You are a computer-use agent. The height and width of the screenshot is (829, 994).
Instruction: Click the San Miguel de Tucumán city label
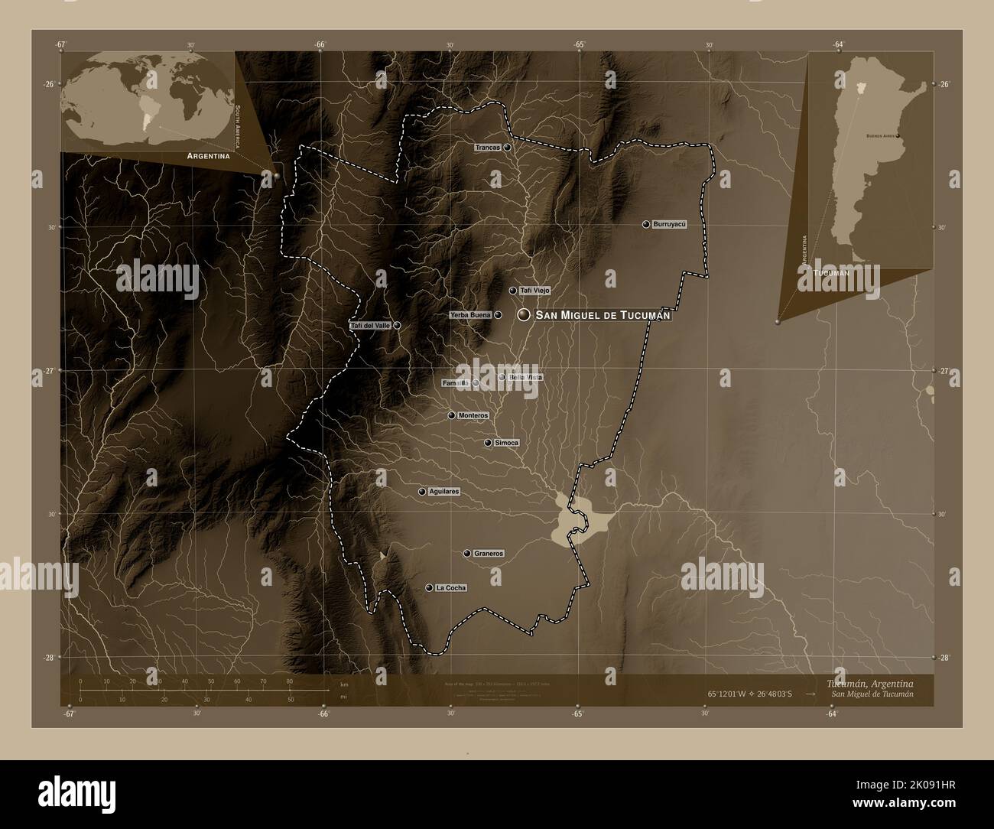[x=603, y=315]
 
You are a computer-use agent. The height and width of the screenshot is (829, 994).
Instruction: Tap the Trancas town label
[x=487, y=147]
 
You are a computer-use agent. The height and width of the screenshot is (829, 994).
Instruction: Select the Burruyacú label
[x=671, y=224]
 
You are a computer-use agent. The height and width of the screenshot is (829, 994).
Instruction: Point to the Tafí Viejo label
[x=534, y=291]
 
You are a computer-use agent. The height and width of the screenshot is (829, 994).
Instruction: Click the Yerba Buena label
[x=470, y=314]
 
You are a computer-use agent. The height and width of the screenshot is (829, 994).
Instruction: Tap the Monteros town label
[x=473, y=415]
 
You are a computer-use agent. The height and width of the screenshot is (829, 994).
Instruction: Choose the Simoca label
[x=507, y=443]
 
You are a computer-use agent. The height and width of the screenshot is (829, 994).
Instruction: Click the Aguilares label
[x=444, y=492]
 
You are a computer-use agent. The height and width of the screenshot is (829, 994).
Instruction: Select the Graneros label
[x=489, y=553]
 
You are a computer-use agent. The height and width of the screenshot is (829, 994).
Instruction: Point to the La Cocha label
[x=450, y=588]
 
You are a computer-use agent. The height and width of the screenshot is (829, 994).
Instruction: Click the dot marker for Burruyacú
[x=646, y=224]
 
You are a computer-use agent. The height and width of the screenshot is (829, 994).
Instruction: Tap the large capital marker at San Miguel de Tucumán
[x=524, y=315]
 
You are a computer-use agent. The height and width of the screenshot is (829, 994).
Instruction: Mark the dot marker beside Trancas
[x=507, y=147]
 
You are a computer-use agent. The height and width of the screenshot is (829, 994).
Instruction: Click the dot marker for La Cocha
[x=429, y=588]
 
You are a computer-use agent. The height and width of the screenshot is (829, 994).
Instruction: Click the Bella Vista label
[x=525, y=378]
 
